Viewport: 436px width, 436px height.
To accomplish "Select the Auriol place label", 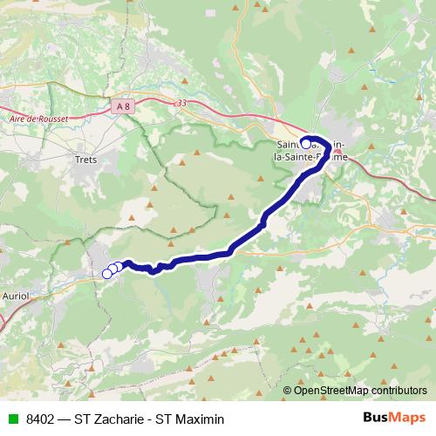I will tap(16, 296).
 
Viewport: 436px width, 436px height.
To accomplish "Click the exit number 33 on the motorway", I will tap(181, 103).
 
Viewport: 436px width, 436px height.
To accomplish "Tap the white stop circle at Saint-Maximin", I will tap(305, 143).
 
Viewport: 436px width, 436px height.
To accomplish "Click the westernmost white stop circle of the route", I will tap(107, 273).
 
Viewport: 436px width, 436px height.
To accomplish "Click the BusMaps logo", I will tap(394, 418).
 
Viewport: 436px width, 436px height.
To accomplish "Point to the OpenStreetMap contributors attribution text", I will tap(356, 390).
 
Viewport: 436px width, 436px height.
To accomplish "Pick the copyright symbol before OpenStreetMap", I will tap(288, 390).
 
